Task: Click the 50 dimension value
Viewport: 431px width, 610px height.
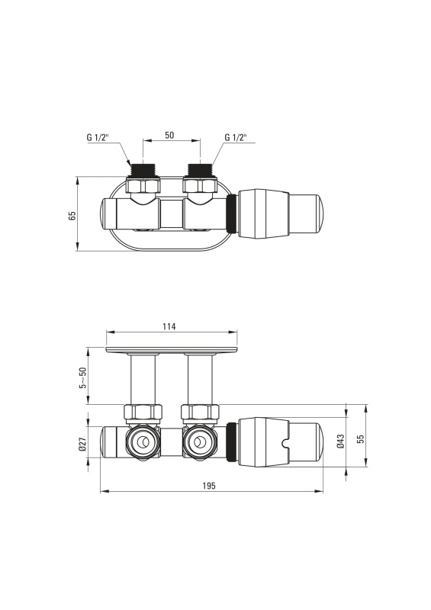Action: (x=169, y=136)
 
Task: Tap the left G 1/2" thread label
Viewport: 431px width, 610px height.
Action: (x=98, y=137)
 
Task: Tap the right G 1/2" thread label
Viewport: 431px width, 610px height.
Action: (x=236, y=137)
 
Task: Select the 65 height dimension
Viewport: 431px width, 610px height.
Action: (x=72, y=216)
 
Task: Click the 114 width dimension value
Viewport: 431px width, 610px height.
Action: (x=169, y=326)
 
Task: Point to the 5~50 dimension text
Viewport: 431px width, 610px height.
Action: (x=82, y=377)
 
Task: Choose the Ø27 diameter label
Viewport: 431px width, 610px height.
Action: (x=82, y=445)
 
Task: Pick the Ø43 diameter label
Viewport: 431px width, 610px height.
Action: (x=341, y=441)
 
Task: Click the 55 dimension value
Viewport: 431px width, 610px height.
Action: (x=361, y=438)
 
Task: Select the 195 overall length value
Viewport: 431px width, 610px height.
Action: (x=209, y=486)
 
